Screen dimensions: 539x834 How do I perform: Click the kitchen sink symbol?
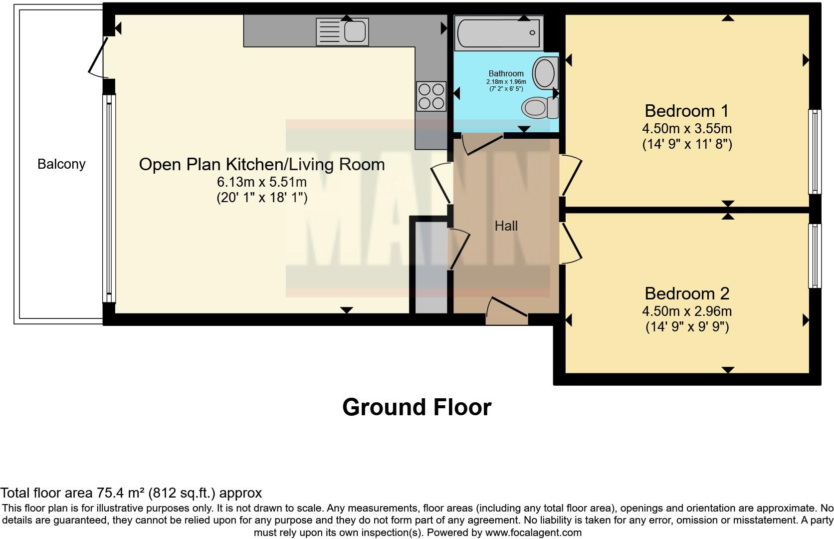pyautogui.click(x=342, y=32)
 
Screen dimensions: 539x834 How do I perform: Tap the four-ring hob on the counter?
pyautogui.click(x=431, y=96)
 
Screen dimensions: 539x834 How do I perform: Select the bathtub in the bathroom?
pyautogui.click(x=498, y=33)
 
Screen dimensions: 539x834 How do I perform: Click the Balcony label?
pyautogui.click(x=61, y=164)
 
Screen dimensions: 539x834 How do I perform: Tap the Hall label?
pyautogui.click(x=506, y=226)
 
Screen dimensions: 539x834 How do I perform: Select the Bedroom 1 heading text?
pyautogui.click(x=686, y=111)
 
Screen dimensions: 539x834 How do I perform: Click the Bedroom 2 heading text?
pyautogui.click(x=686, y=293)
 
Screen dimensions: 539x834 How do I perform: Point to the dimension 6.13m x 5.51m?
pyautogui.click(x=261, y=182)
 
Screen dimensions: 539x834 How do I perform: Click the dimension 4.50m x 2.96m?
pyautogui.click(x=686, y=311)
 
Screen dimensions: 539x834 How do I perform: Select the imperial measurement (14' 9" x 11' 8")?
pyautogui.click(x=686, y=145)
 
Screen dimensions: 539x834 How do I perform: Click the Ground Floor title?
pyautogui.click(x=417, y=407)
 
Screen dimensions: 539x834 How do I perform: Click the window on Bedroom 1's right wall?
pyautogui.click(x=814, y=152)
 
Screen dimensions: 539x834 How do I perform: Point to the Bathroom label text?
pyautogui.click(x=506, y=73)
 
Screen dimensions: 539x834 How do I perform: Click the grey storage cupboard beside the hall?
pyautogui.click(x=430, y=267)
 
